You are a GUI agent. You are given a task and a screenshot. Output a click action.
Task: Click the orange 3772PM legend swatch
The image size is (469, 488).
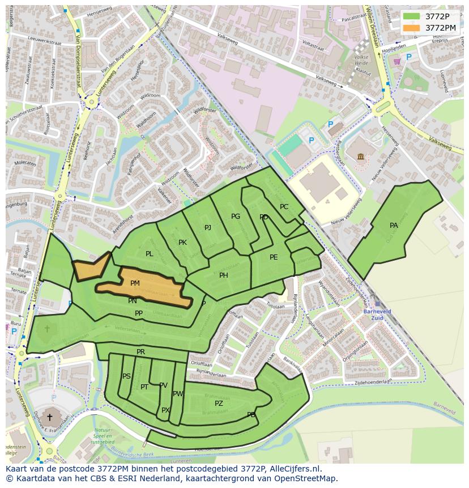(412, 28)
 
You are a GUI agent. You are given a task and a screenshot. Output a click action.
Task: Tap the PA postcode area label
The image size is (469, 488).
(394, 226)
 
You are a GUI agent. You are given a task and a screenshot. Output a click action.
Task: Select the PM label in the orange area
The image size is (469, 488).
(135, 283)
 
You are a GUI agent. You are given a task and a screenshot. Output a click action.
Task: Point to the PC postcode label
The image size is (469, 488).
(284, 207)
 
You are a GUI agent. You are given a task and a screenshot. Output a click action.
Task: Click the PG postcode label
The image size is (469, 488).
(236, 217)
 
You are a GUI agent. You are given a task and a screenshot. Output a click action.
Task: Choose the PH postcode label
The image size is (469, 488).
(224, 275)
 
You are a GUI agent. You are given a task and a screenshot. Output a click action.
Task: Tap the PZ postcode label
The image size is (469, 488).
(219, 404)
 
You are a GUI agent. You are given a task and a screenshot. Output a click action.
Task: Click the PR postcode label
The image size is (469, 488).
(141, 352)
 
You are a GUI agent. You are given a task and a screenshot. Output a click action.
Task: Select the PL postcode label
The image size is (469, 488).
(149, 254)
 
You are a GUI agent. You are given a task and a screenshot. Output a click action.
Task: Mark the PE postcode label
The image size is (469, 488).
(274, 257)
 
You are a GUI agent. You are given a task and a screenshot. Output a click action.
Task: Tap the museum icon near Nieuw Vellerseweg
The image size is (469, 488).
(360, 156)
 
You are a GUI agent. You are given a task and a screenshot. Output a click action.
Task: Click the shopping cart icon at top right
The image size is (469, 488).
(396, 61)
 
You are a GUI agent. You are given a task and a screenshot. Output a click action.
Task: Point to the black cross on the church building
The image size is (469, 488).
(49, 417)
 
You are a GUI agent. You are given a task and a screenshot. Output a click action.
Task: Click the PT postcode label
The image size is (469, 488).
(144, 387)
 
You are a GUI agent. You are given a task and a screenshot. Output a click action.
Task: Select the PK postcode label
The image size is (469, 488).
(182, 243)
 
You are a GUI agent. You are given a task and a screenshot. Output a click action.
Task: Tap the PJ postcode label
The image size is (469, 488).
(208, 228)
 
